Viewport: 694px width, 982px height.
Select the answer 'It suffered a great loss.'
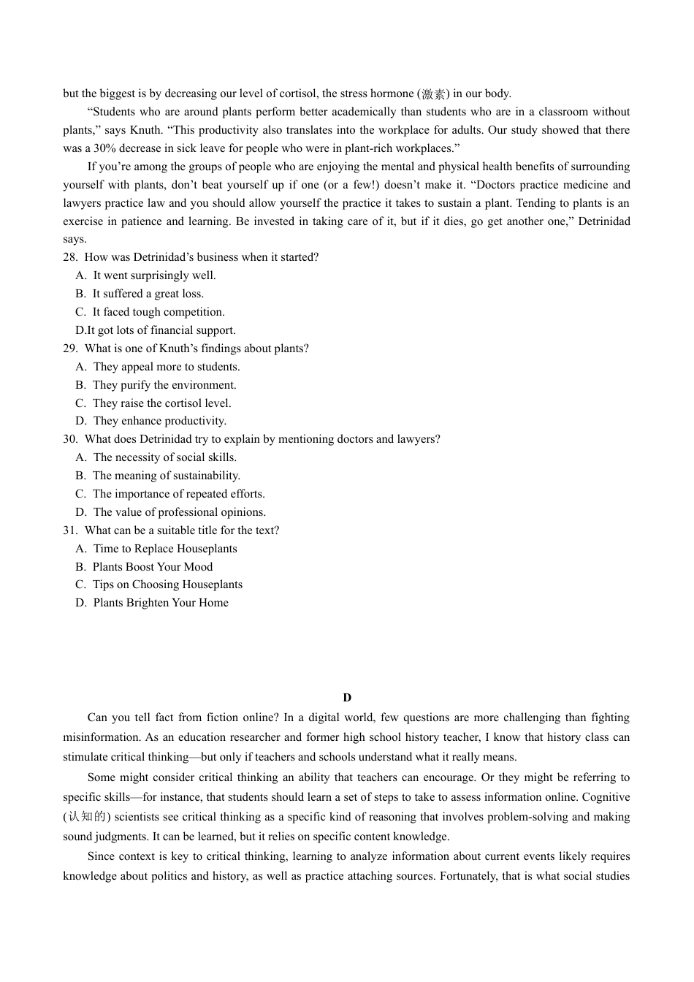tap(148, 294)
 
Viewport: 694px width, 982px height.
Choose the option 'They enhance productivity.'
tap(159, 421)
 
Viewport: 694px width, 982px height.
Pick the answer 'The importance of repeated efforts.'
tap(178, 494)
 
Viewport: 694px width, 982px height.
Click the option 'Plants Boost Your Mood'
tap(152, 567)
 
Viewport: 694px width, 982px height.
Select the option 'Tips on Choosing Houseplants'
tap(167, 585)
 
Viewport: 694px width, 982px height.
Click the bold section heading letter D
tap(347, 698)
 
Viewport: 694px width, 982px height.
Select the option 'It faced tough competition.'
tap(158, 312)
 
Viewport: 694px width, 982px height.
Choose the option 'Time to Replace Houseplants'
tap(164, 549)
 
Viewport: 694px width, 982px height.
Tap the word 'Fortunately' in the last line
tap(468, 875)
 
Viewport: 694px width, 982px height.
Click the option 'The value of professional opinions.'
tap(179, 512)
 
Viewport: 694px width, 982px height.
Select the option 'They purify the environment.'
tap(164, 385)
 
